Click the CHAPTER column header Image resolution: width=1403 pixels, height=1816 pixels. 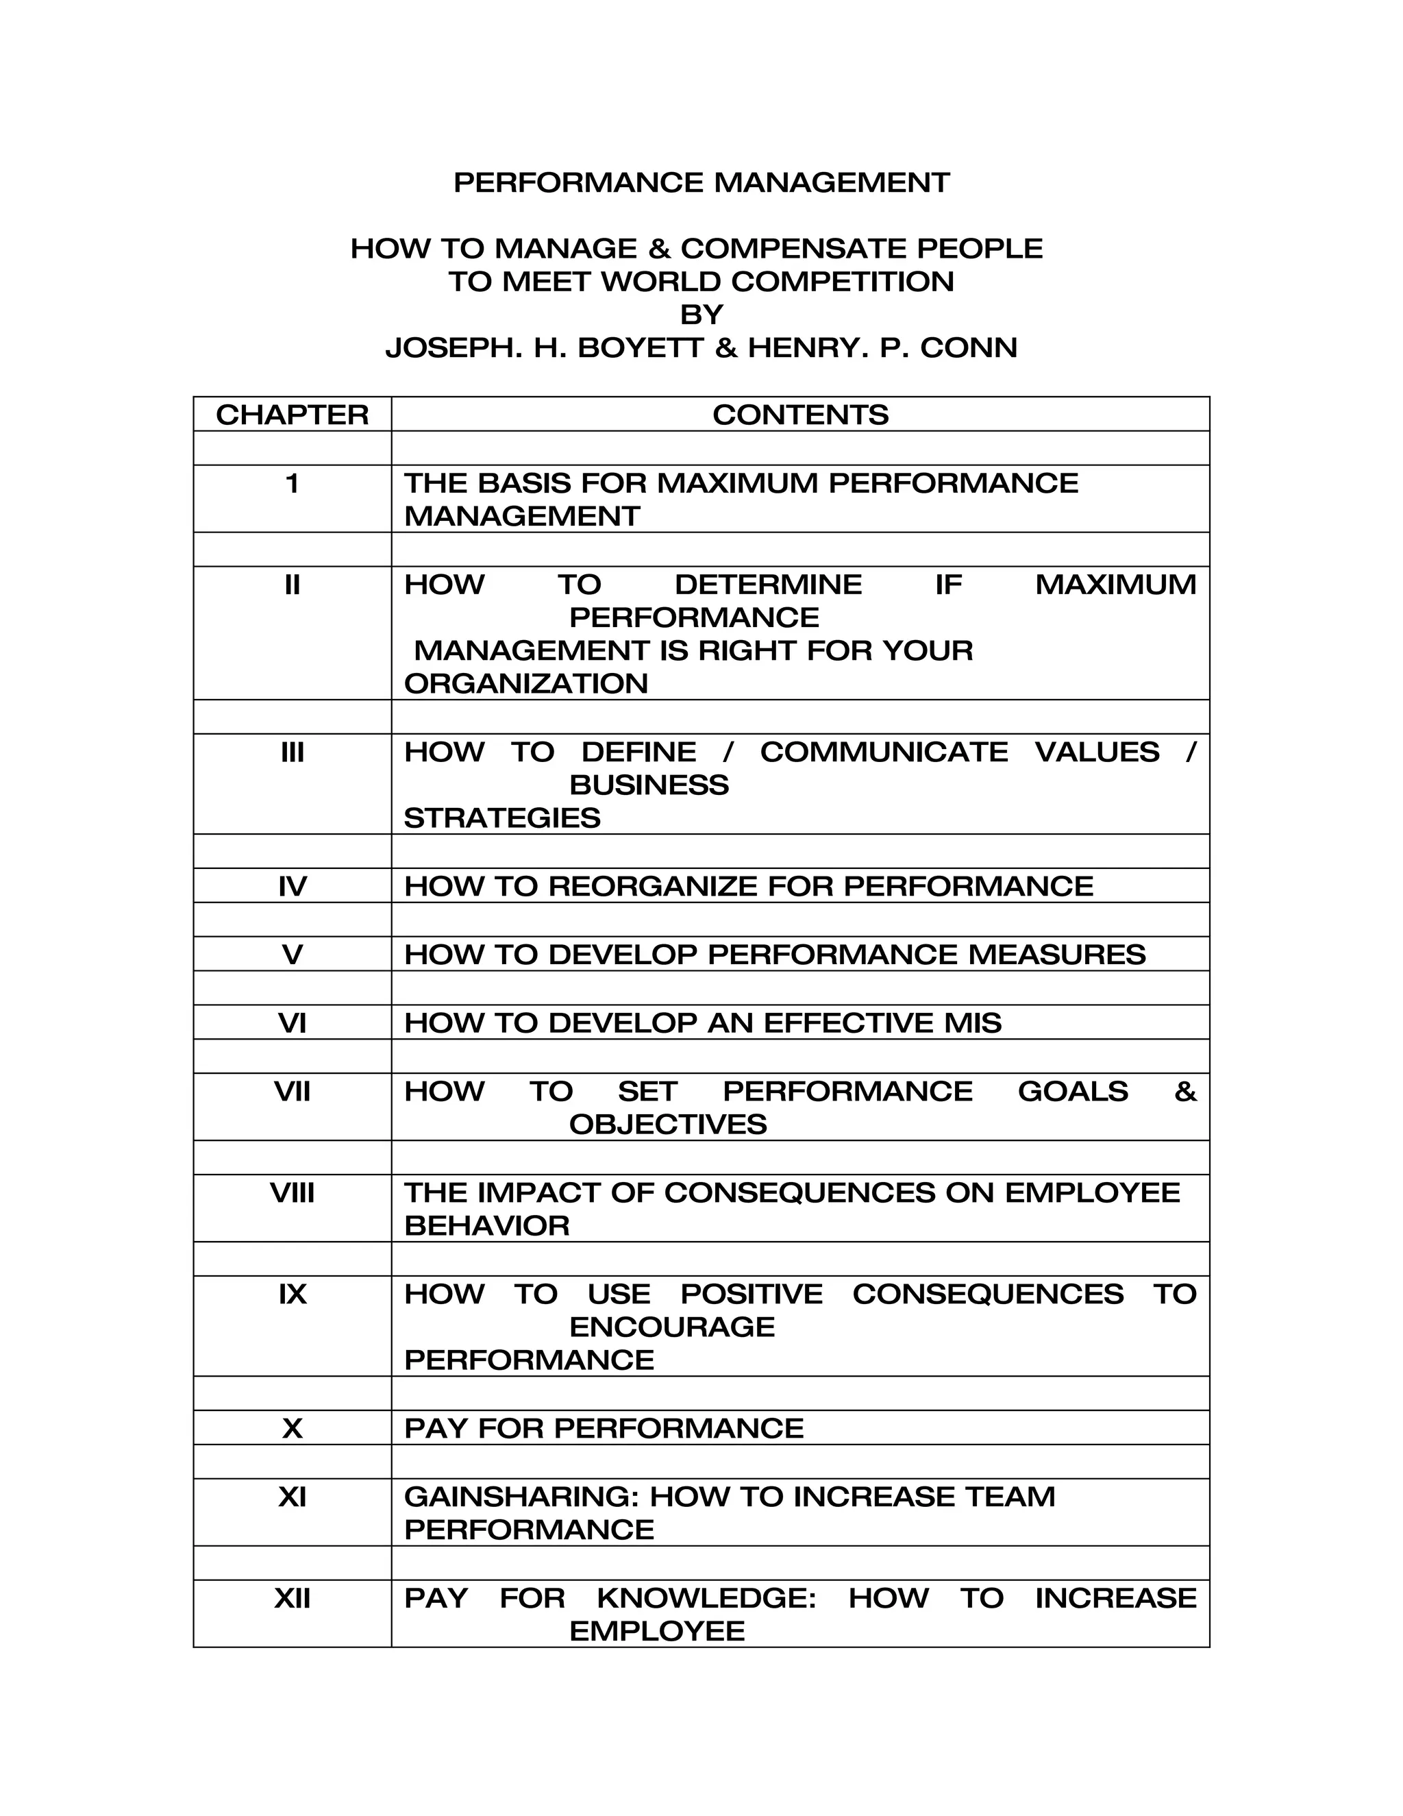pos(292,414)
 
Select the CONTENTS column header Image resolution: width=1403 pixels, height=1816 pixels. pos(799,414)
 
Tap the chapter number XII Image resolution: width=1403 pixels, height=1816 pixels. pos(292,1597)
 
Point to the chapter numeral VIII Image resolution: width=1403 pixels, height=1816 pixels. pos(292,1192)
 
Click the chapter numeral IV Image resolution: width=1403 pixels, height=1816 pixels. pos(292,886)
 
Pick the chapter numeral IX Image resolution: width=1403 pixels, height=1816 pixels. pos(292,1294)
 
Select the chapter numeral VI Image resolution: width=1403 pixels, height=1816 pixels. pos(292,1022)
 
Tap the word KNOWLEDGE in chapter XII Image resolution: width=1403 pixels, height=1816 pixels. pos(706,1597)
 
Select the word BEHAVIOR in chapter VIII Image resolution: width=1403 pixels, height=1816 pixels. pos(486,1226)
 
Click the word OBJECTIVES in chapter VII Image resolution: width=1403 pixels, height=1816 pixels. pos(667,1124)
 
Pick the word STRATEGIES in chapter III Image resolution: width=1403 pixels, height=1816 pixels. pos(502,818)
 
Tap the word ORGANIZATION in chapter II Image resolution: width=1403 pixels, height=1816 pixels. pos(525,683)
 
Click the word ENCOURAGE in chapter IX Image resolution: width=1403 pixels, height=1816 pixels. pos(671,1327)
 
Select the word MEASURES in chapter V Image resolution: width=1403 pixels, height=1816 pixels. pos(1056,955)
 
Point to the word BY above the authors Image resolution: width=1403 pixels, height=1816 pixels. pos(701,315)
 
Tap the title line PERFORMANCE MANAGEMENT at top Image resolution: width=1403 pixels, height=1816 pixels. pos(701,182)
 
